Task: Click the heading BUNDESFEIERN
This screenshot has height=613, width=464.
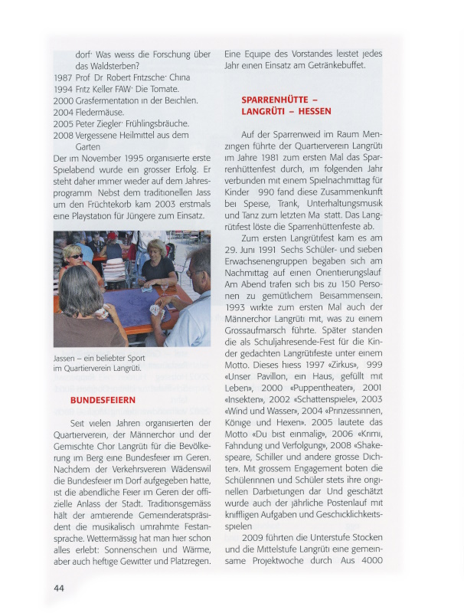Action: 103,400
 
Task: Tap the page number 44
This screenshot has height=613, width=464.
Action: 59,588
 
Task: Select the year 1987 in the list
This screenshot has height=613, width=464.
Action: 63,77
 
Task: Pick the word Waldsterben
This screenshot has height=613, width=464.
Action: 109,66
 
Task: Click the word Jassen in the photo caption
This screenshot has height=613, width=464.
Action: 67,357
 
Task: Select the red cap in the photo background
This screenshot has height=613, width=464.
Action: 112,236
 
